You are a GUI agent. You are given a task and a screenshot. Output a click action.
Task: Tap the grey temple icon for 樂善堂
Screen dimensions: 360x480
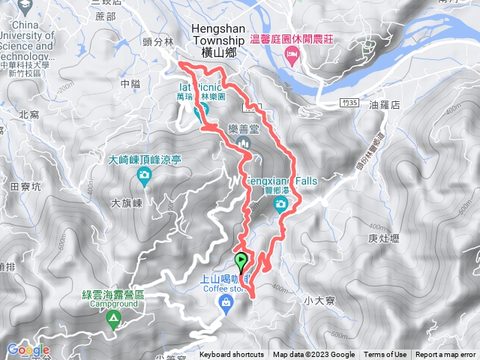(x=242, y=142)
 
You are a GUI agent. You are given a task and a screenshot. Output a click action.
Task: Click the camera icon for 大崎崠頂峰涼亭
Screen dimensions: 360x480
(x=143, y=175)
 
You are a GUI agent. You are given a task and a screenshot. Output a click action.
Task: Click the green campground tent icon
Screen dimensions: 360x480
(x=113, y=320)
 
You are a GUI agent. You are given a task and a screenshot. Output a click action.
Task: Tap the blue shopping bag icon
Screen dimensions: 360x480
(x=224, y=301)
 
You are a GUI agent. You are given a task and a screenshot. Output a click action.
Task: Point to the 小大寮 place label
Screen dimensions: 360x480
(x=319, y=300)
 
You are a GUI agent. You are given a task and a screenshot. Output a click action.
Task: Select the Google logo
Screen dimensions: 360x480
(x=28, y=350)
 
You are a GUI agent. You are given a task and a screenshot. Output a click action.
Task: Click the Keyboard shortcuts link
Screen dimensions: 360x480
(x=232, y=355)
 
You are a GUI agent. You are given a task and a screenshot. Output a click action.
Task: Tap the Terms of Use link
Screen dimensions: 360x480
(x=385, y=355)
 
